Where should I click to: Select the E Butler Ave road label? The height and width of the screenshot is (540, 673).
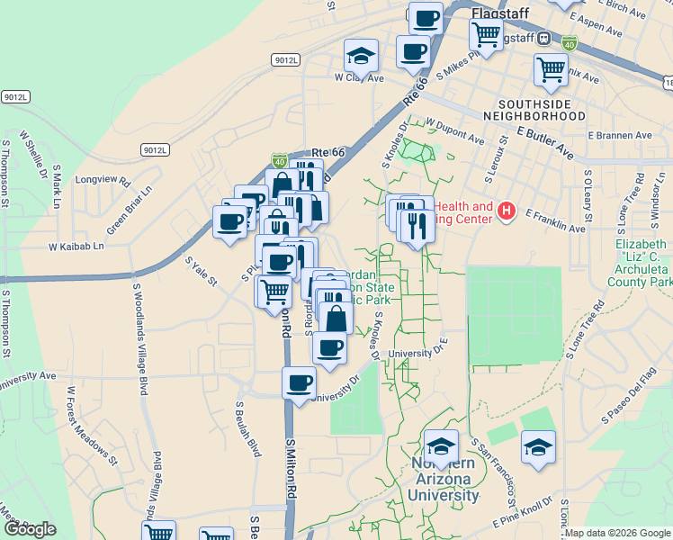pyautogui.click(x=544, y=141)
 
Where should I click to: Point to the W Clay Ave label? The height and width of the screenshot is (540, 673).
pyautogui.click(x=359, y=78)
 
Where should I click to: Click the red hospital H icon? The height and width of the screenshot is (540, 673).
pyautogui.click(x=507, y=212)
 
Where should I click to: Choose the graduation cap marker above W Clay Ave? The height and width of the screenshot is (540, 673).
pyautogui.click(x=361, y=58)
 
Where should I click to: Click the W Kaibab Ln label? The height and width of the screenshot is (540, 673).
pyautogui.click(x=76, y=246)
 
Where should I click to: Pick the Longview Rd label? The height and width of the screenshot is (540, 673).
pyautogui.click(x=103, y=179)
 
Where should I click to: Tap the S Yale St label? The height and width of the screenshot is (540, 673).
pyautogui.click(x=201, y=272)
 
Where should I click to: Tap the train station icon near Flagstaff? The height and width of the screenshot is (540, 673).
pyautogui.click(x=543, y=39)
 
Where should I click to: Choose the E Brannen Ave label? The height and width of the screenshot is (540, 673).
pyautogui.click(x=620, y=135)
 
